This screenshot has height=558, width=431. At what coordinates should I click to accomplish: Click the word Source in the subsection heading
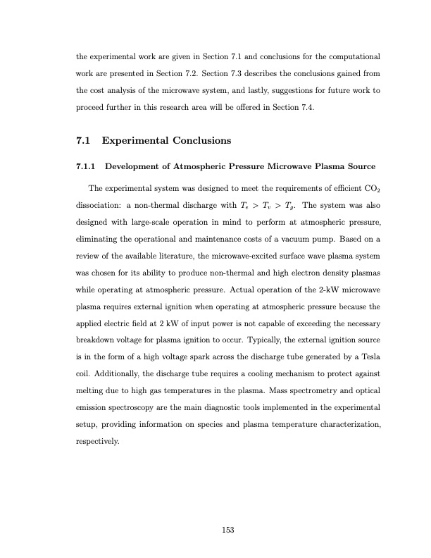point(359,166)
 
